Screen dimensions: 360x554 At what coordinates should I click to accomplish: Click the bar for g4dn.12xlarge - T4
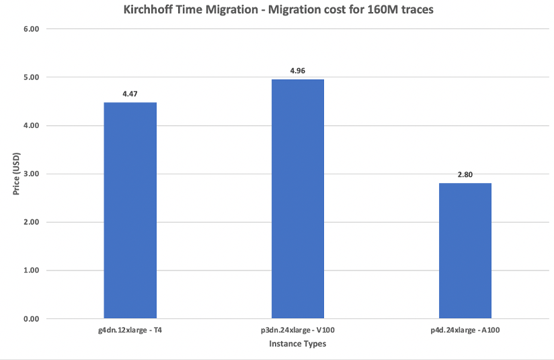click(x=130, y=210)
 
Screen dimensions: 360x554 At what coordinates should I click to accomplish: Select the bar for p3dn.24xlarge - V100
click(x=298, y=199)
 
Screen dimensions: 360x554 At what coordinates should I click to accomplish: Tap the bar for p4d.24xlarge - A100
click(x=465, y=250)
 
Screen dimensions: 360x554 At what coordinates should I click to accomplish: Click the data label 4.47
click(x=130, y=94)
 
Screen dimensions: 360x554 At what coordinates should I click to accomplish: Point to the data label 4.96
click(x=298, y=70)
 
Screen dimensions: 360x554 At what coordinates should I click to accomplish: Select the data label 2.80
click(x=465, y=174)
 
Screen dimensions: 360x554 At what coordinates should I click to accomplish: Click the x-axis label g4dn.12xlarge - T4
click(x=130, y=331)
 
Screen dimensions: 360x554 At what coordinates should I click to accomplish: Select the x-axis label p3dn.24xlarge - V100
click(x=298, y=331)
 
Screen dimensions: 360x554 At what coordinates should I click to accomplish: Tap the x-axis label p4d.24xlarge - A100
click(x=465, y=331)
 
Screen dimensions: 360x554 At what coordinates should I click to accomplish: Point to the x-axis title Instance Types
click(x=298, y=344)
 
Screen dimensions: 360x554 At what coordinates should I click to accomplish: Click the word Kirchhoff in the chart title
click(x=149, y=11)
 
